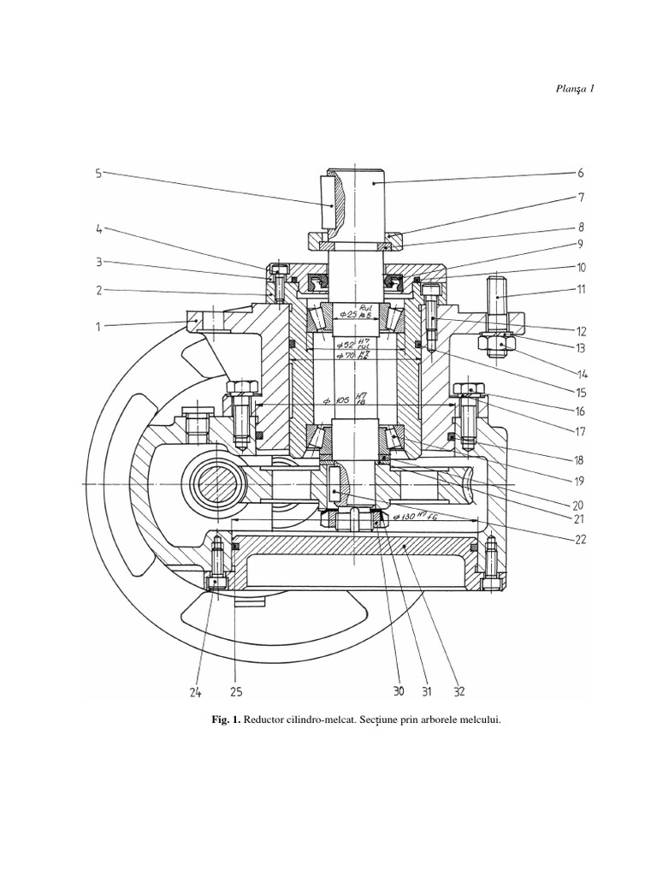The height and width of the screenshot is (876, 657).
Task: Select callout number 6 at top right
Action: [x=581, y=173]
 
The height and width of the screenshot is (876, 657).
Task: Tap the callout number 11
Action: [x=581, y=289]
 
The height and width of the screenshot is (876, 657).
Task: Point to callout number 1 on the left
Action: [x=99, y=326]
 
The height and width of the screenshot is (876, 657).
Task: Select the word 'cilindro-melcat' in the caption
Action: [x=309, y=720]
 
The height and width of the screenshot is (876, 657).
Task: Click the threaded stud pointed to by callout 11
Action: [x=496, y=295]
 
